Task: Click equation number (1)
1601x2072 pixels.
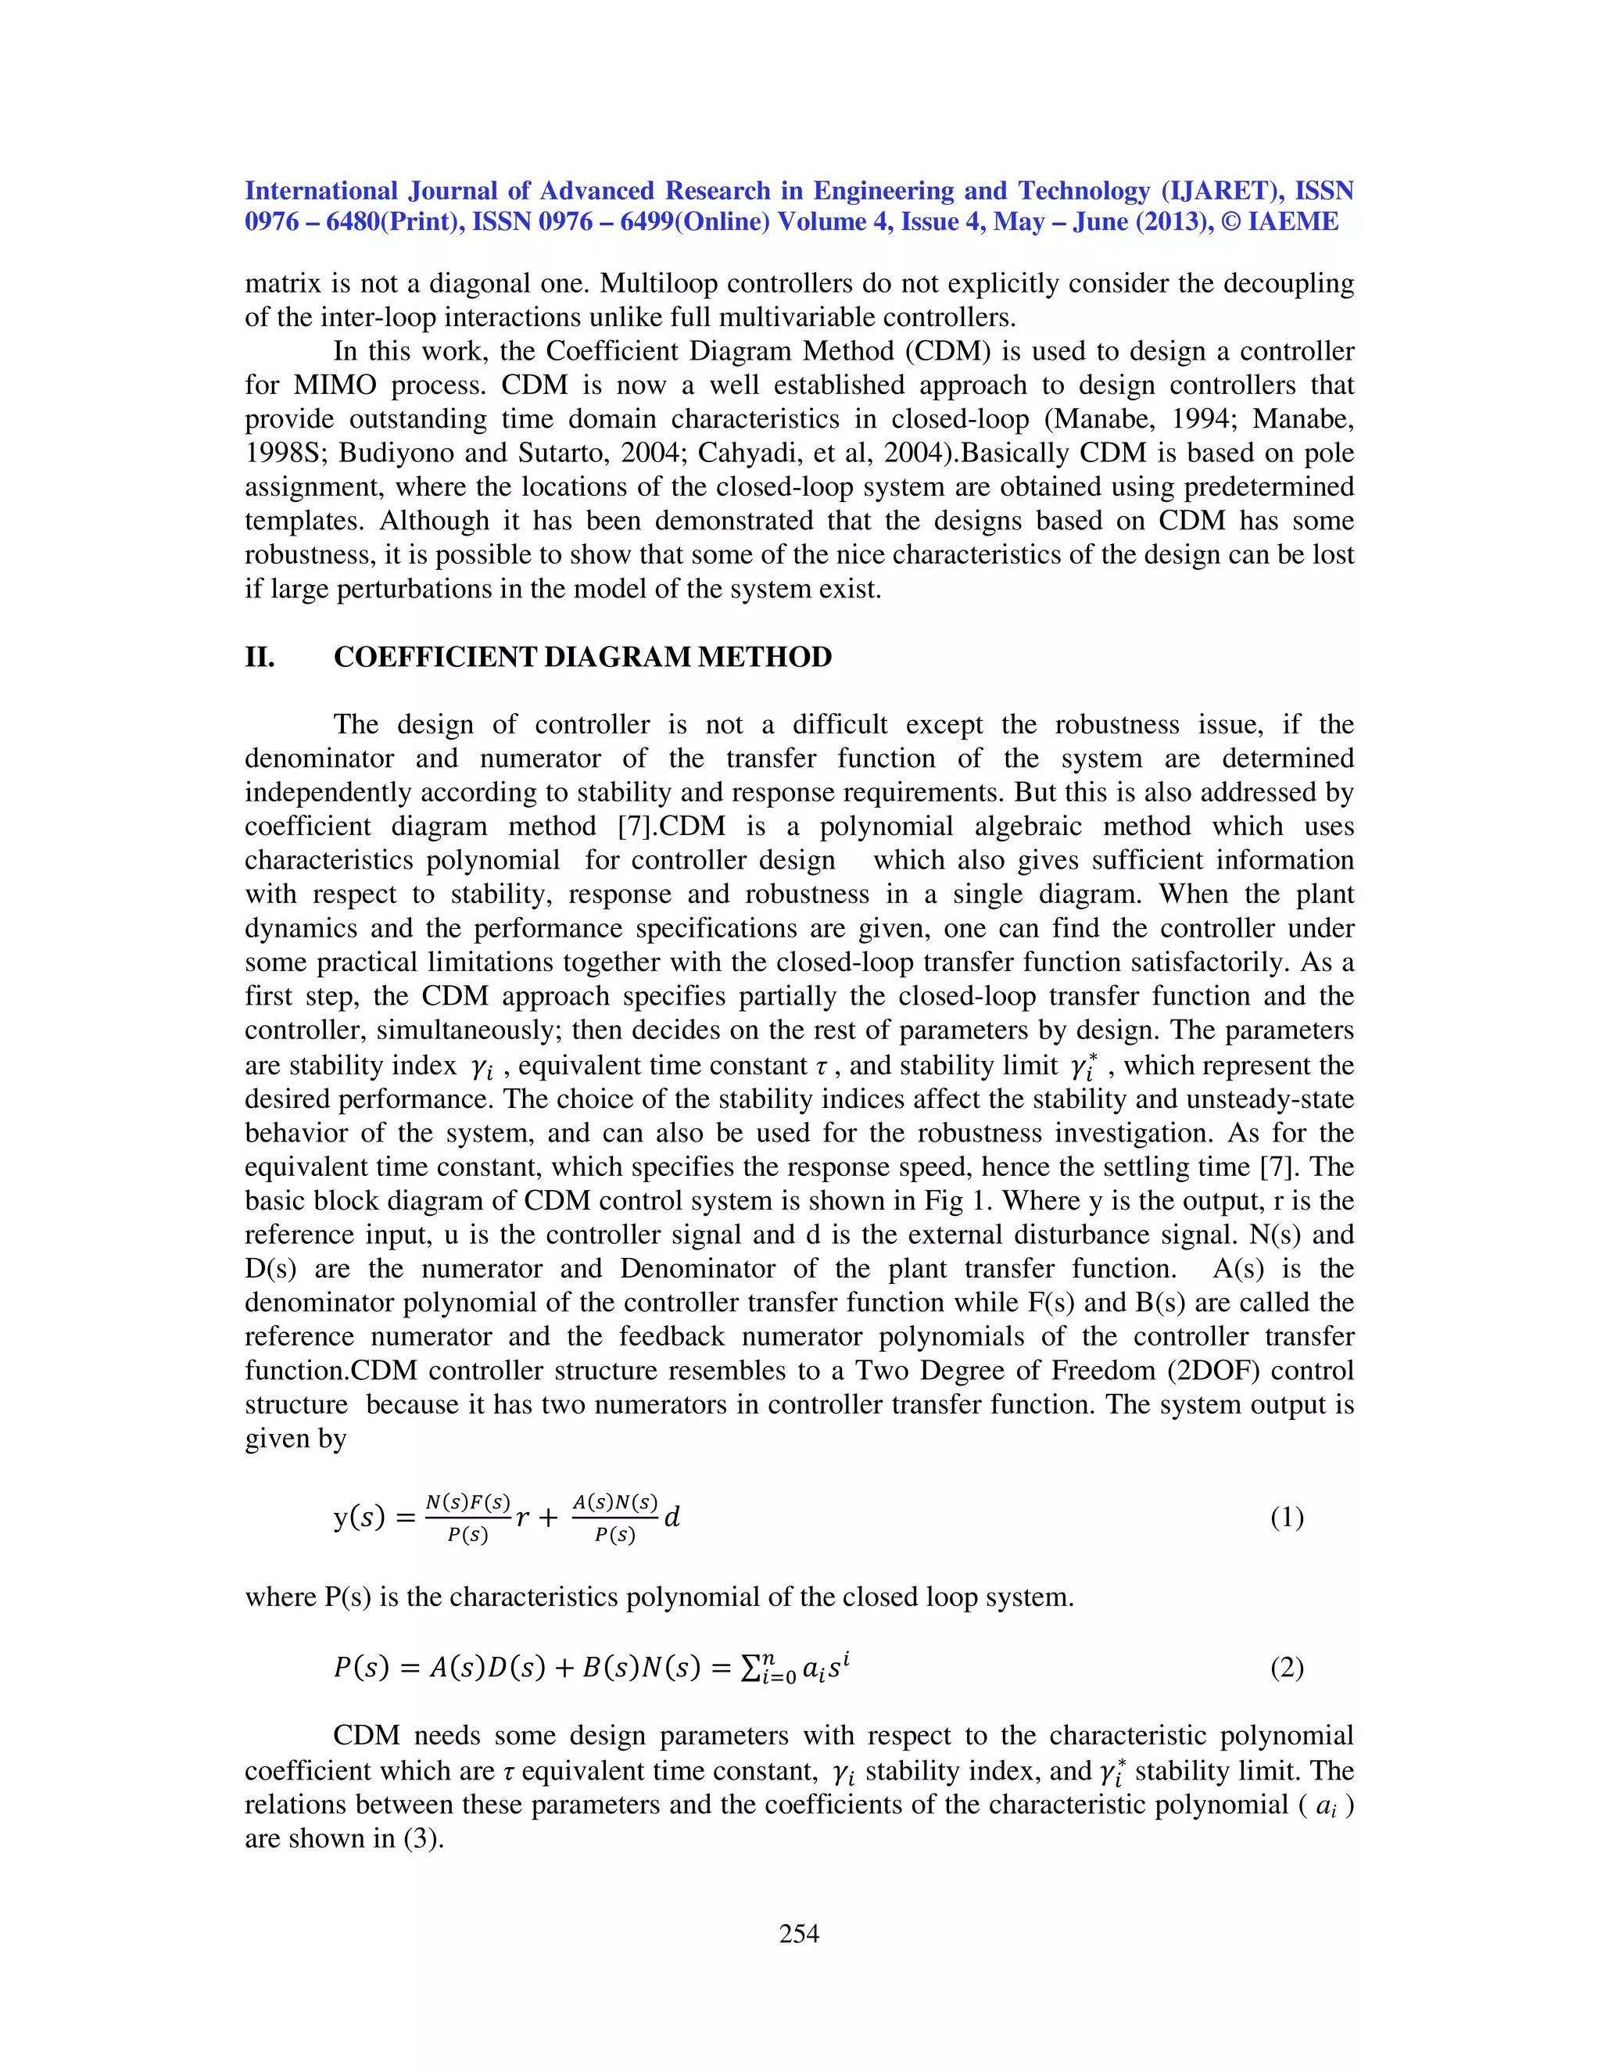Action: [1286, 1518]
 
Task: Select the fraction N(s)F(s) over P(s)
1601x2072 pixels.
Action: [467, 1518]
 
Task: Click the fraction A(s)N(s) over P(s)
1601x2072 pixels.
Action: [614, 1518]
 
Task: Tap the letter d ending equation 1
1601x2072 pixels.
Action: [672, 1517]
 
